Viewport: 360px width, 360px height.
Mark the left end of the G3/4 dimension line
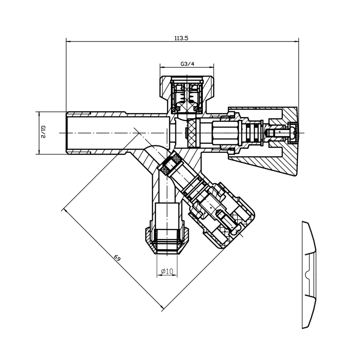pos(160,67)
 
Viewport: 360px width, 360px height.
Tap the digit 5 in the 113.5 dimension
pos(187,38)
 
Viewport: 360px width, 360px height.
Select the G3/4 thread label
pos(187,64)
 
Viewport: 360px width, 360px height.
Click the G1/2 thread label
pos(43,132)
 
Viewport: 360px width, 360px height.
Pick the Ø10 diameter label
pos(167,271)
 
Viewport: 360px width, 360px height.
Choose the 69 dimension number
pos(117,258)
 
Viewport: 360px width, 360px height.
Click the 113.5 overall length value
pos(181,38)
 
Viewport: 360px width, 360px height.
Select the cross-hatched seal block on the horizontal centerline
pos(192,133)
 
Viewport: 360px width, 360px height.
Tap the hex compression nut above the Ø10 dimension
pos(167,241)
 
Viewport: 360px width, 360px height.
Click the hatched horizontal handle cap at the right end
pos(263,141)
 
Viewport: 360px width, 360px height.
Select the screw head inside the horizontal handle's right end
pos(292,133)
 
